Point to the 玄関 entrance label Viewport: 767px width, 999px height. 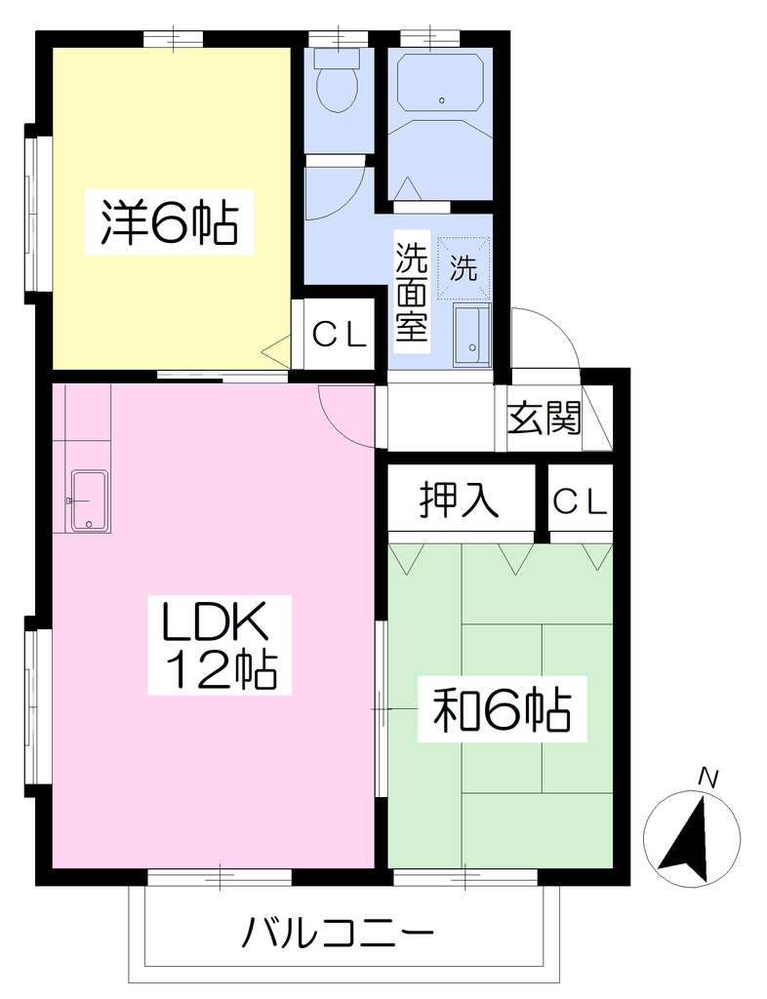[x=545, y=419]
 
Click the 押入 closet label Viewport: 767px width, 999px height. [x=459, y=500]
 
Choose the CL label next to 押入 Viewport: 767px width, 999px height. [x=579, y=501]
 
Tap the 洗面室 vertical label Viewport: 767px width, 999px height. [x=412, y=291]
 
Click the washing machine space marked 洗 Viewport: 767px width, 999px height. [x=464, y=267]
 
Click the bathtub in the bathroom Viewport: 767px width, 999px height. [x=440, y=82]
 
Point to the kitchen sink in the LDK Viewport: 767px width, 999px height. [x=90, y=500]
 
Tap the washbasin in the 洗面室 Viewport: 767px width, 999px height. [x=472, y=336]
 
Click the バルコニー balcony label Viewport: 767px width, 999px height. [x=339, y=934]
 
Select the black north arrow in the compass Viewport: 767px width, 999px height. [x=687, y=840]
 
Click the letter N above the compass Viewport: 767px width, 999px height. [x=707, y=778]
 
